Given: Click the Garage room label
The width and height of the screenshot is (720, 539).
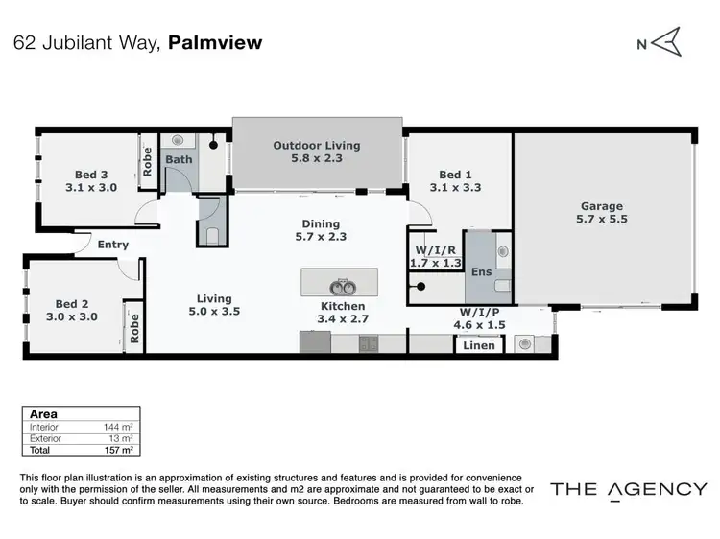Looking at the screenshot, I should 601,206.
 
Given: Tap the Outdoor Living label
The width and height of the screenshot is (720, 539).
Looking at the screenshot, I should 316,146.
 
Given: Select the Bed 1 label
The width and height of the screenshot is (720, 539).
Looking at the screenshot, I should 455,175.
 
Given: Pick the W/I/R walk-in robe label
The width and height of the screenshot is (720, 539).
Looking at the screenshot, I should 434,248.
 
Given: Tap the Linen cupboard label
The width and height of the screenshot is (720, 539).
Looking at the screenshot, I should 479,345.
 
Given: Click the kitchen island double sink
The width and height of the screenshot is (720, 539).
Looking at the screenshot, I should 339,285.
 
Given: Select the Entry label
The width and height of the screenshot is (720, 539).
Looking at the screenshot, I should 113,245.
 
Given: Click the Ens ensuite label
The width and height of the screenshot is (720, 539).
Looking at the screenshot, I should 481,272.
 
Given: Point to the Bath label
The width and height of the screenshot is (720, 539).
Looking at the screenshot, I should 179,160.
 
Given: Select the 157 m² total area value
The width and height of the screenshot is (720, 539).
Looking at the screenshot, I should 119,450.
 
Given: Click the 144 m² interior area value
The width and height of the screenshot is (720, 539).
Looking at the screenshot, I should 119,428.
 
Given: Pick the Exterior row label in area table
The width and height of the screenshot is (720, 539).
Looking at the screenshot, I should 46,438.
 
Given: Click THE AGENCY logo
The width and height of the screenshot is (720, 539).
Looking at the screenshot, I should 628,489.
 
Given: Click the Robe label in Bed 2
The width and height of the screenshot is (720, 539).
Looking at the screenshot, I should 134,327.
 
